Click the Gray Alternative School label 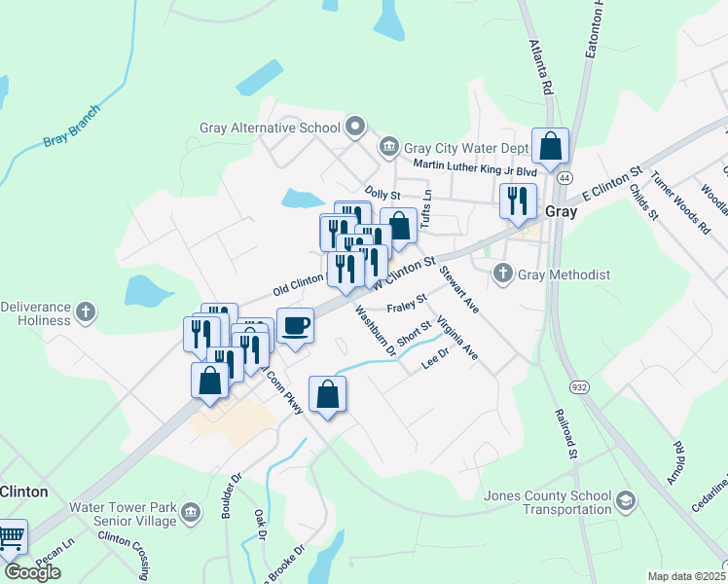pyautogui.click(x=269, y=128)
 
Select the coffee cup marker pyautogui.click(x=295, y=326)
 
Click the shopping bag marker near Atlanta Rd pyautogui.click(x=550, y=147)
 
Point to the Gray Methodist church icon pyautogui.click(x=503, y=274)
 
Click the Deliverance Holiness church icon pyautogui.click(x=86, y=312)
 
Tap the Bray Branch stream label pyautogui.click(x=71, y=127)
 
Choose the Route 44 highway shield pyautogui.click(x=564, y=178)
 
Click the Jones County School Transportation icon pyautogui.click(x=627, y=501)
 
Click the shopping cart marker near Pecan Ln pyautogui.click(x=11, y=537)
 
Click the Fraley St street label pyautogui.click(x=407, y=308)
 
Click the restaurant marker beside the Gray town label pyautogui.click(x=516, y=201)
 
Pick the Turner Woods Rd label pyautogui.click(x=678, y=202)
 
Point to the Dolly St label pyautogui.click(x=382, y=195)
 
